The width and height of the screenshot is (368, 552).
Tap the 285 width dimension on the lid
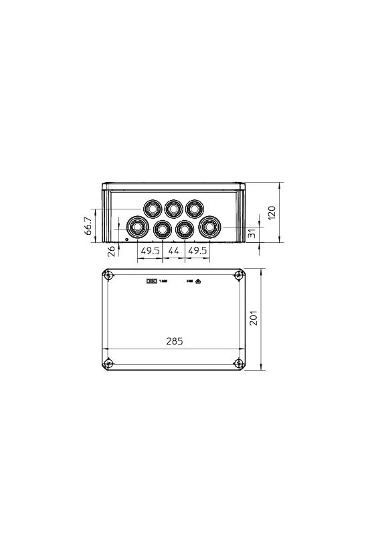tap(173, 341)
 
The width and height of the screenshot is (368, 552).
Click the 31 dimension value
tap(252, 234)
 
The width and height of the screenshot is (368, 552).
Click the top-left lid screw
tap(108, 276)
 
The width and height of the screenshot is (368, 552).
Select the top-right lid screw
tap(240, 276)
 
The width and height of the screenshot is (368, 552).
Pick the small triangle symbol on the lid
tap(199, 282)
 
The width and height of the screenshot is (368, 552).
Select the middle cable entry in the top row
tap(174, 208)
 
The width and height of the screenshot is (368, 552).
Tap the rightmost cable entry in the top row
tap(195, 208)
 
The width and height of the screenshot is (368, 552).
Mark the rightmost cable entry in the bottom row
tap(209, 228)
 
